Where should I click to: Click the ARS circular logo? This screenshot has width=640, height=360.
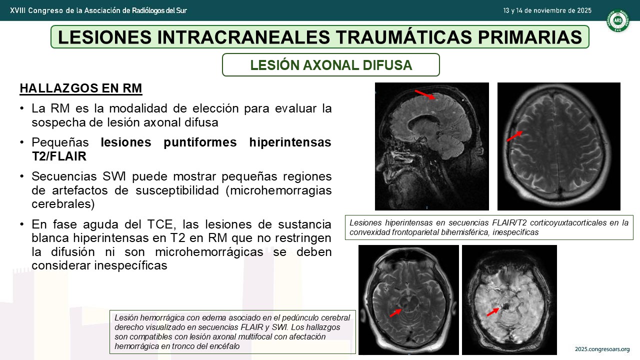[617, 20]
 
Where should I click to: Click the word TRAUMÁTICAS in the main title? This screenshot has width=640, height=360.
[403, 37]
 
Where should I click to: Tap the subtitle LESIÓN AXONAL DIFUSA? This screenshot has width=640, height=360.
[331, 65]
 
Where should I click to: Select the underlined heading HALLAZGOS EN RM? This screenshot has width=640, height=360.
[81, 88]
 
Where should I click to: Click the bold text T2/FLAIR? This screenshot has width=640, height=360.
[59, 156]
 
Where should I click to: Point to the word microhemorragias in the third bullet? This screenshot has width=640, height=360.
[281, 190]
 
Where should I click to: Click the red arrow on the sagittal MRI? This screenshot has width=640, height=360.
[425, 94]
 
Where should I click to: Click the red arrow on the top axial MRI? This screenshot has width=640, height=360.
[514, 136]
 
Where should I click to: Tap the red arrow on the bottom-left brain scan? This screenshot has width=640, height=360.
[395, 313]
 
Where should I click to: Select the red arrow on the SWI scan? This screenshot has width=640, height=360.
[493, 312]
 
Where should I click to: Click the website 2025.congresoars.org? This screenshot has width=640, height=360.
[602, 349]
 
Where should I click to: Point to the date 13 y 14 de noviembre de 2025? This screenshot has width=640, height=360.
[547, 10]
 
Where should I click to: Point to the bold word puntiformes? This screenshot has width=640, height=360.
[200, 142]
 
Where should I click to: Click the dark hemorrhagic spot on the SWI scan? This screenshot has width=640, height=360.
[506, 307]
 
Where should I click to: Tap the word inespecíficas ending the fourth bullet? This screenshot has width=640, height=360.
[131, 265]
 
